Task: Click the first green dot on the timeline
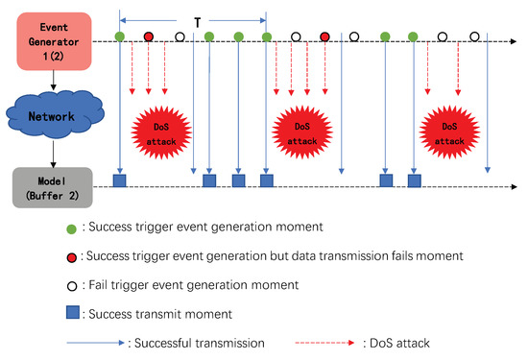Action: pyautogui.click(x=119, y=37)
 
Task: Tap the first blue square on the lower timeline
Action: pyautogui.click(x=119, y=180)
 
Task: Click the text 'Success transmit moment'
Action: pyautogui.click(x=165, y=313)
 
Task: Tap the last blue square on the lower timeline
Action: pyautogui.click(x=415, y=180)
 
